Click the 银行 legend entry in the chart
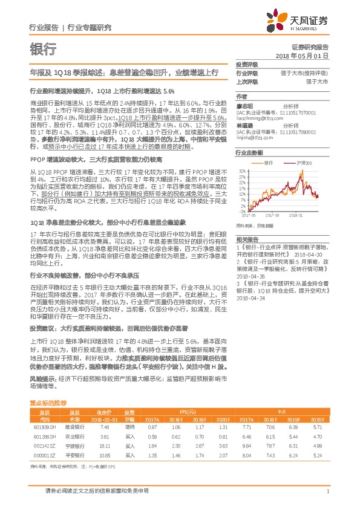point(269,163)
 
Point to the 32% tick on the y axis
point(241,171)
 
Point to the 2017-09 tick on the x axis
point(274,213)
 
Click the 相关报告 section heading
point(246,239)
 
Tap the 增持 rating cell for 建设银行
point(129,427)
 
